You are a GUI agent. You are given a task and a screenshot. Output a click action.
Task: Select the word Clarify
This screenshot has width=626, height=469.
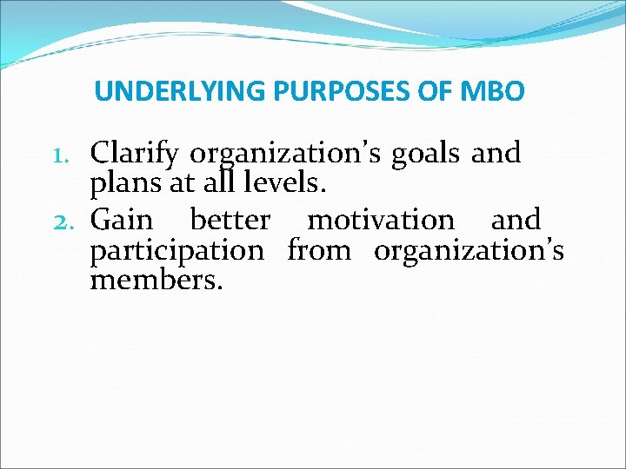pyautogui.click(x=136, y=155)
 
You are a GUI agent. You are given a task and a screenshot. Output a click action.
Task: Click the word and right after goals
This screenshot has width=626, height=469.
pyautogui.click(x=496, y=153)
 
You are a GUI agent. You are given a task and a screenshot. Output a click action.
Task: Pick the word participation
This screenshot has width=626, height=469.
pyautogui.click(x=177, y=252)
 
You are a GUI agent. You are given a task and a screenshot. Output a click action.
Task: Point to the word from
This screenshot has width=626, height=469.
pyautogui.click(x=319, y=251)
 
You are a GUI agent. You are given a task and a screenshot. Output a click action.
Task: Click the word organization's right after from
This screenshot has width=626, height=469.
pyautogui.click(x=469, y=252)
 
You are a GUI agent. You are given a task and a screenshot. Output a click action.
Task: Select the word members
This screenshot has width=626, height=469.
pyautogui.click(x=156, y=281)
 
